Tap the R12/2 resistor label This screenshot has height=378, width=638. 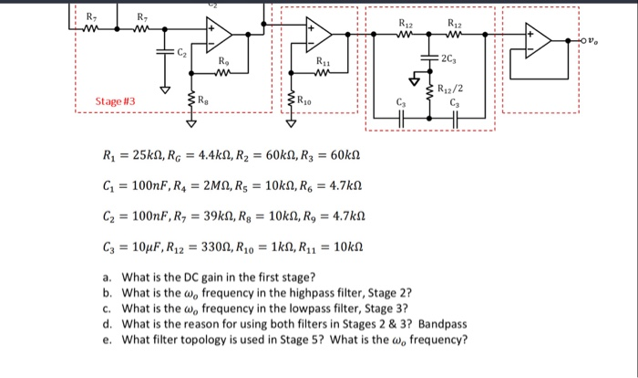click(x=450, y=89)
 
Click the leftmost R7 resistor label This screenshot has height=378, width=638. click(x=89, y=16)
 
